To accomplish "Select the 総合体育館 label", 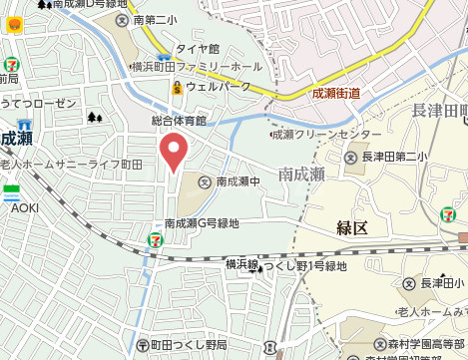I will click(179, 121).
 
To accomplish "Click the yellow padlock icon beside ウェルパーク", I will click(177, 87).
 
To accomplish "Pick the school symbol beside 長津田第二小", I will click(350, 157).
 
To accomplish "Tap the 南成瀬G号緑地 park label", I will click(203, 224).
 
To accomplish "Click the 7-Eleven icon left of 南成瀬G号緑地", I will click(155, 239).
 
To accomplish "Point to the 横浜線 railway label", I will click(241, 264).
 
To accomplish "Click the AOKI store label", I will click(25, 208).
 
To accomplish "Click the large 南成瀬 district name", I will click(302, 175).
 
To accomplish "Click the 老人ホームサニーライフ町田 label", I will click(58, 163).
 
